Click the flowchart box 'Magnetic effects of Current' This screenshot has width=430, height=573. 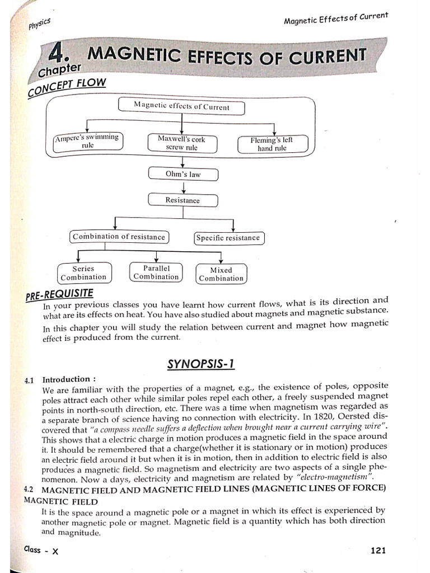coord(181,106)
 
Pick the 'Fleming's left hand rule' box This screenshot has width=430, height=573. coord(272,144)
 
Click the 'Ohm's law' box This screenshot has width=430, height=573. coord(183,174)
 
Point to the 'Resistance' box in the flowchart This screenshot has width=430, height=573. coord(183,200)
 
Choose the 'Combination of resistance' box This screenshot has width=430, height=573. coord(119,237)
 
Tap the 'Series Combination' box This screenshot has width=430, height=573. coord(83,273)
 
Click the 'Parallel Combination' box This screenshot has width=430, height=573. coord(156,273)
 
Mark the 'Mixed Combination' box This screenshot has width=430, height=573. coord(221,274)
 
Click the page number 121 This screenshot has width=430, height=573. coord(378,551)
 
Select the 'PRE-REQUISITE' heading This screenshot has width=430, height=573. coord(59,294)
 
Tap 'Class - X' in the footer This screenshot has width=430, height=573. coord(41,549)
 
